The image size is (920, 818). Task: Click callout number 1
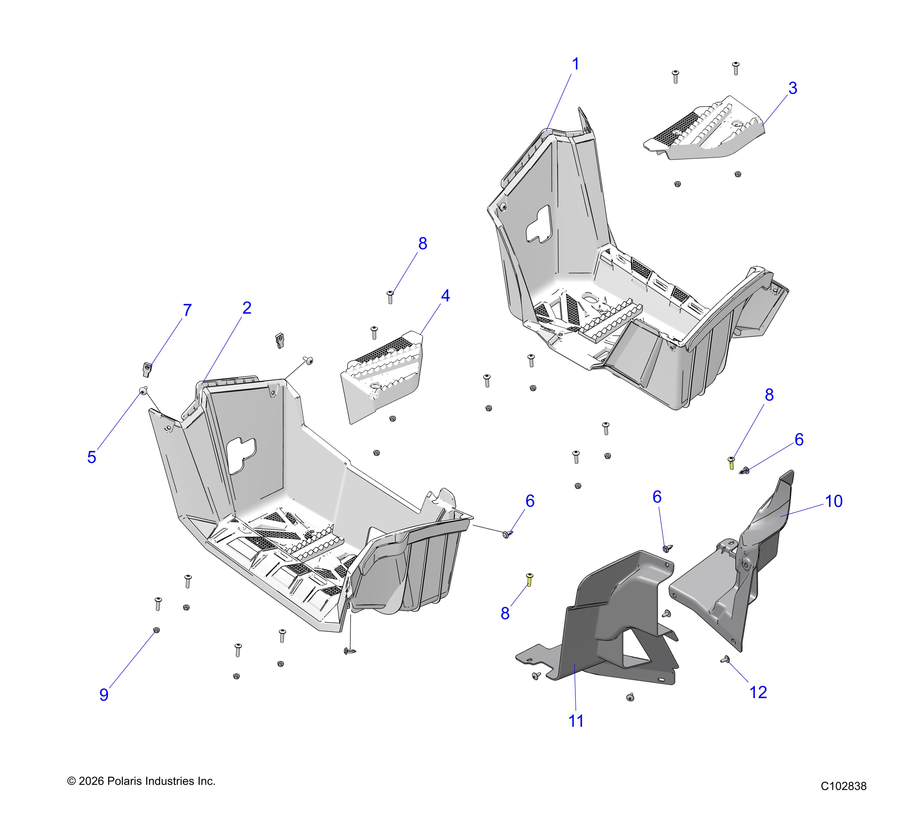click(x=575, y=64)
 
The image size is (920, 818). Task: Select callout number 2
click(x=247, y=308)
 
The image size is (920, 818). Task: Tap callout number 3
click(x=793, y=88)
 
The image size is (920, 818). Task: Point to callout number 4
click(x=445, y=296)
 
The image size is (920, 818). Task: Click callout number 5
click(x=92, y=457)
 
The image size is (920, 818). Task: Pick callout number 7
click(x=187, y=310)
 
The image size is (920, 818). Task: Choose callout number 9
click(x=104, y=695)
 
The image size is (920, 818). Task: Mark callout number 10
click(x=834, y=501)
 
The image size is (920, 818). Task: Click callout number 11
click(x=576, y=721)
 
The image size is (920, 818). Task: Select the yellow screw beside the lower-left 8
click(x=529, y=580)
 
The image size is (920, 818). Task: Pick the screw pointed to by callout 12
click(x=725, y=660)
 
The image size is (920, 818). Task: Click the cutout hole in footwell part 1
click(x=539, y=223)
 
